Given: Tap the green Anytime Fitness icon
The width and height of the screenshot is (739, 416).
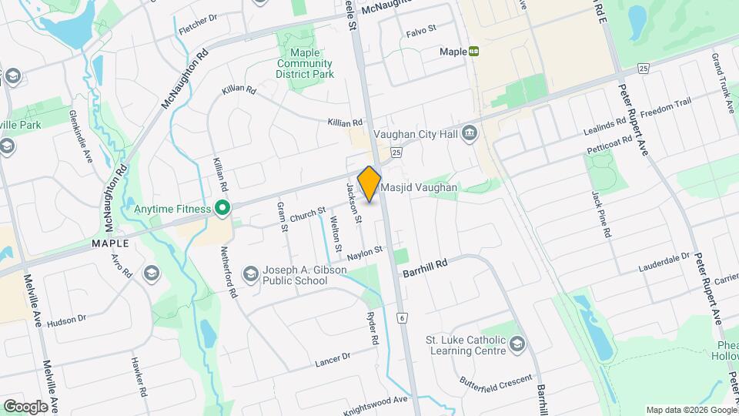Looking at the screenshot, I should coord(223,208).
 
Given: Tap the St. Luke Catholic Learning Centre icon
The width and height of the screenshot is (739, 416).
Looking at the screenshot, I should coord(517,344).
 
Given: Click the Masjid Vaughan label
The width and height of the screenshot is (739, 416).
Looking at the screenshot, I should coord(420,187).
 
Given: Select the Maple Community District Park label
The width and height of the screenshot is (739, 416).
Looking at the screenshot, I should coord(305,64).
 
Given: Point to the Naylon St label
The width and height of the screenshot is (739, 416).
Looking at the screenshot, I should coord(365,252).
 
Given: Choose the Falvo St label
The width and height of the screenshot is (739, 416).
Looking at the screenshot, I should coord(420,29).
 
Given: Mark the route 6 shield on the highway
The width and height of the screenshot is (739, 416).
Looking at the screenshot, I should coord(401,317).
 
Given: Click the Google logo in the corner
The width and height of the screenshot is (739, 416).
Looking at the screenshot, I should coord(25,406).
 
